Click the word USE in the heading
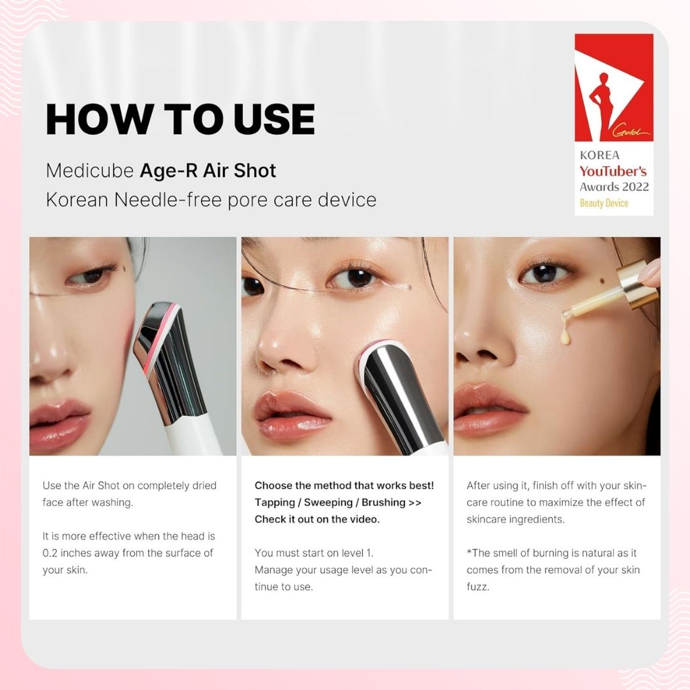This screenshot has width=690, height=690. click(274, 119)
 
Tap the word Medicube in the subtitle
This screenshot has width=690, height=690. click(90, 171)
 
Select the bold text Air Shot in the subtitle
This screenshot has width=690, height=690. click(240, 171)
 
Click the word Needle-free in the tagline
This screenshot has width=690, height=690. click(168, 200)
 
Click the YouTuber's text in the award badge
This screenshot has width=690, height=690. click(613, 171)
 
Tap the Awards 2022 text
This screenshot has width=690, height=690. click(615, 187)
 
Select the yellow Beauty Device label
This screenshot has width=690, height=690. click(604, 203)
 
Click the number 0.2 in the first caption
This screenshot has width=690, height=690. click(50, 553)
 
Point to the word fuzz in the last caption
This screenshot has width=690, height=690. click(478, 587)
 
